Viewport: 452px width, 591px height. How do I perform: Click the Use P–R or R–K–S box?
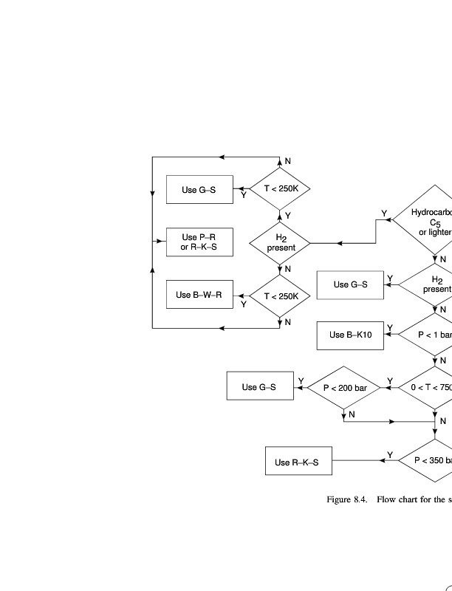click(x=199, y=242)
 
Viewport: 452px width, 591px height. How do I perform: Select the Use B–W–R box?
click(x=199, y=295)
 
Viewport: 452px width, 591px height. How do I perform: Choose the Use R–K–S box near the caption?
click(x=298, y=462)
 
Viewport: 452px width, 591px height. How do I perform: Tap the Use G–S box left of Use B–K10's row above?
click(x=350, y=284)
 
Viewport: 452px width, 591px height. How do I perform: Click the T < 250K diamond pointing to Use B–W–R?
click(x=281, y=296)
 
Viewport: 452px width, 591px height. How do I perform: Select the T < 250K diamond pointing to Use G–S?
click(x=281, y=188)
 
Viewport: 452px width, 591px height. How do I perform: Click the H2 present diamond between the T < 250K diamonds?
click(x=281, y=242)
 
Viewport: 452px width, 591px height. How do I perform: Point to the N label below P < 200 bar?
click(x=352, y=414)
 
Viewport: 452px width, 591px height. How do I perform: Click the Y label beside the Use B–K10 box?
click(x=390, y=328)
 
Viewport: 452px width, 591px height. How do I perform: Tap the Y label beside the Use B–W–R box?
click(x=243, y=304)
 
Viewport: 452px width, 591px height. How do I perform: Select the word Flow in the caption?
click(x=388, y=500)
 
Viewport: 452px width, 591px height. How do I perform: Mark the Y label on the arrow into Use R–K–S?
click(x=390, y=454)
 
